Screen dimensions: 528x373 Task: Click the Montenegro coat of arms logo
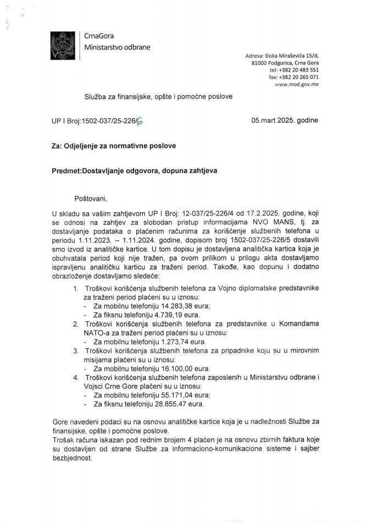[x=62, y=46]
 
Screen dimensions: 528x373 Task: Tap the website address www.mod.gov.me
[x=296, y=85]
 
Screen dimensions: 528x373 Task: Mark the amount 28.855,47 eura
[x=179, y=404]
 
